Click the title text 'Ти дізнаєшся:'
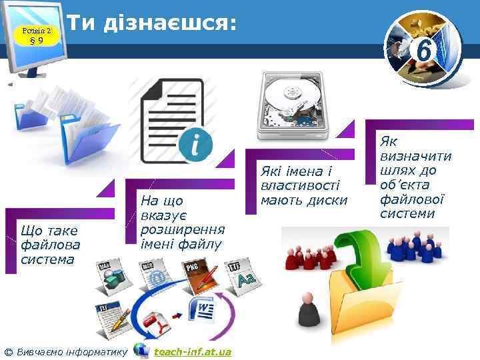tap(153, 23)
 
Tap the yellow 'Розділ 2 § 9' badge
tap(37, 35)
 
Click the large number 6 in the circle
tap(423, 49)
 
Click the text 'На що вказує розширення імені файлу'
tap(181, 222)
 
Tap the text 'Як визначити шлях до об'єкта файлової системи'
tap(415, 177)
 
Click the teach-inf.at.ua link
tap(192, 351)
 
